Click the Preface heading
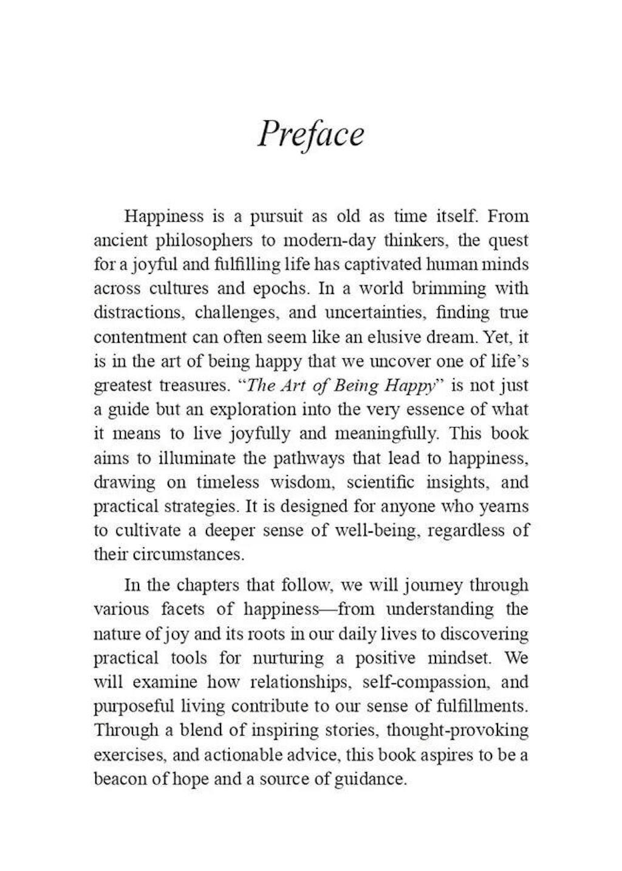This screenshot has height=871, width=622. point(310,134)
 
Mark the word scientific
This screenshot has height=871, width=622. point(381,482)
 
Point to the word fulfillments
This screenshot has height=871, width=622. point(482,706)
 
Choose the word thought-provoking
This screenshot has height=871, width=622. point(457,730)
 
